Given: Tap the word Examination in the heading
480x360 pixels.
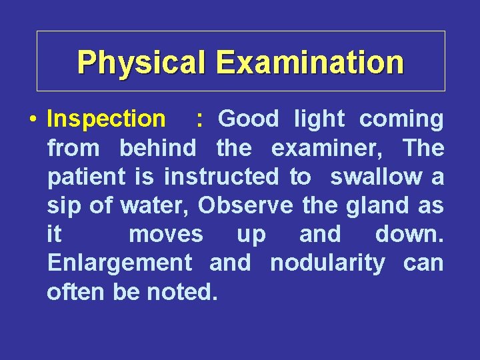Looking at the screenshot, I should point(310,62).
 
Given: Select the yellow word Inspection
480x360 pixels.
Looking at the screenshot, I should point(106,119).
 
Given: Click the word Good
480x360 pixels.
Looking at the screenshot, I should point(249,119).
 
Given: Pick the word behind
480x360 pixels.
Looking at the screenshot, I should point(158,148).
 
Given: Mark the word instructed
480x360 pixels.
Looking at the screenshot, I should point(221,177).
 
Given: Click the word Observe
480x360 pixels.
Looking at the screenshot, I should point(245,206).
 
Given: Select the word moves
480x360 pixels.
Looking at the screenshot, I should point(166,235).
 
